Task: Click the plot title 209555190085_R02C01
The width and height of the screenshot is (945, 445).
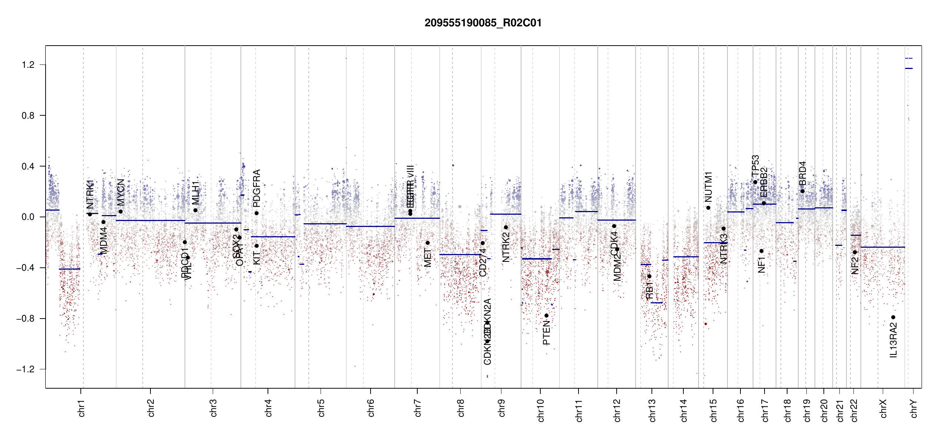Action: tap(483, 23)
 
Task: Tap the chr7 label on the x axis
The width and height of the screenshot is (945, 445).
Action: tap(418, 408)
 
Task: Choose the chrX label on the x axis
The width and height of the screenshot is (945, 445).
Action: tap(883, 408)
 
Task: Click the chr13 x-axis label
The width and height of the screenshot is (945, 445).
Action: tap(652, 410)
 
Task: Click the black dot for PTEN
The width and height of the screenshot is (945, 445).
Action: tap(546, 316)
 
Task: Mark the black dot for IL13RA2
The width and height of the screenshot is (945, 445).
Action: tap(893, 317)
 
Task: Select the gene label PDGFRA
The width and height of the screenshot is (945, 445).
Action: tap(256, 188)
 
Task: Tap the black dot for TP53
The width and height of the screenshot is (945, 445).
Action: tap(755, 182)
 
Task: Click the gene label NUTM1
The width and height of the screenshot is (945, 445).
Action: tap(708, 187)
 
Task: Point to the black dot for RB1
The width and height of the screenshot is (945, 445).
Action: tap(649, 276)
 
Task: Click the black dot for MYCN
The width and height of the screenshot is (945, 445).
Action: tap(120, 212)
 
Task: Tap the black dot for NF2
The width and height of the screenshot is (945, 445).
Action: tap(855, 252)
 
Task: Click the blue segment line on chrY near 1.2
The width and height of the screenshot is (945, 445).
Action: tap(909, 69)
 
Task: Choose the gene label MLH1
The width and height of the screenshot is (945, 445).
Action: tap(196, 193)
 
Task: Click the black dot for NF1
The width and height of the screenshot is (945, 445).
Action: tap(761, 251)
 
